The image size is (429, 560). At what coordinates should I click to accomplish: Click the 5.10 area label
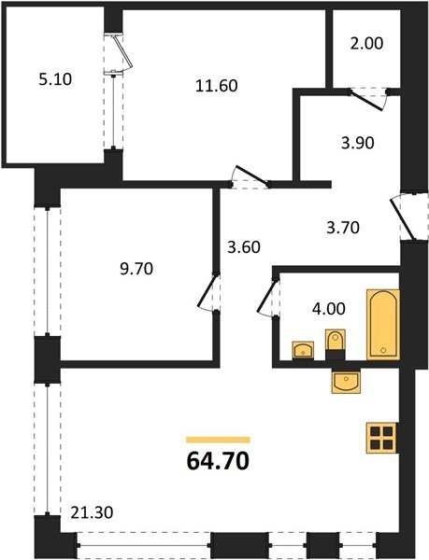(x=55, y=79)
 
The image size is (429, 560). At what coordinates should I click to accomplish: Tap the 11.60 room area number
(x=217, y=86)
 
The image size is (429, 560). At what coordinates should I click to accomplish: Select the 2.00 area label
(x=366, y=43)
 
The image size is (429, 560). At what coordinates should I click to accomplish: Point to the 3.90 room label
(x=357, y=143)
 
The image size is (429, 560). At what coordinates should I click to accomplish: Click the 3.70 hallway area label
(x=343, y=228)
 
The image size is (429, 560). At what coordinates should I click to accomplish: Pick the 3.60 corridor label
(x=244, y=247)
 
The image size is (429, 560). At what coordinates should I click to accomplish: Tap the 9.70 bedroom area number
(x=136, y=269)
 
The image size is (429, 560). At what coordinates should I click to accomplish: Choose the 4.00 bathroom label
(x=329, y=309)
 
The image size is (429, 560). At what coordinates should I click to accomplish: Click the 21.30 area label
(x=92, y=512)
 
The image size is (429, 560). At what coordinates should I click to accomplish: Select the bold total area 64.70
(x=218, y=461)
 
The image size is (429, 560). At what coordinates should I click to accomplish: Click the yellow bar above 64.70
(x=218, y=440)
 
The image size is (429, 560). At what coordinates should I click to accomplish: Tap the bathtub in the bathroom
(x=383, y=324)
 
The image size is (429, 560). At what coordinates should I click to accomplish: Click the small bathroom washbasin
(x=303, y=350)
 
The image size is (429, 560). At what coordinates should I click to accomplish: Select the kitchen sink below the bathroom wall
(x=346, y=381)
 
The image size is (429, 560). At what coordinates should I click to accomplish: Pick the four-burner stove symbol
(x=382, y=438)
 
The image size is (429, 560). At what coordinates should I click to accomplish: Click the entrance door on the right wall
(x=403, y=217)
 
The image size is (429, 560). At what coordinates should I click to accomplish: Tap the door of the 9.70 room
(x=207, y=292)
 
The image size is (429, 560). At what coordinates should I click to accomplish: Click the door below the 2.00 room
(x=368, y=100)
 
